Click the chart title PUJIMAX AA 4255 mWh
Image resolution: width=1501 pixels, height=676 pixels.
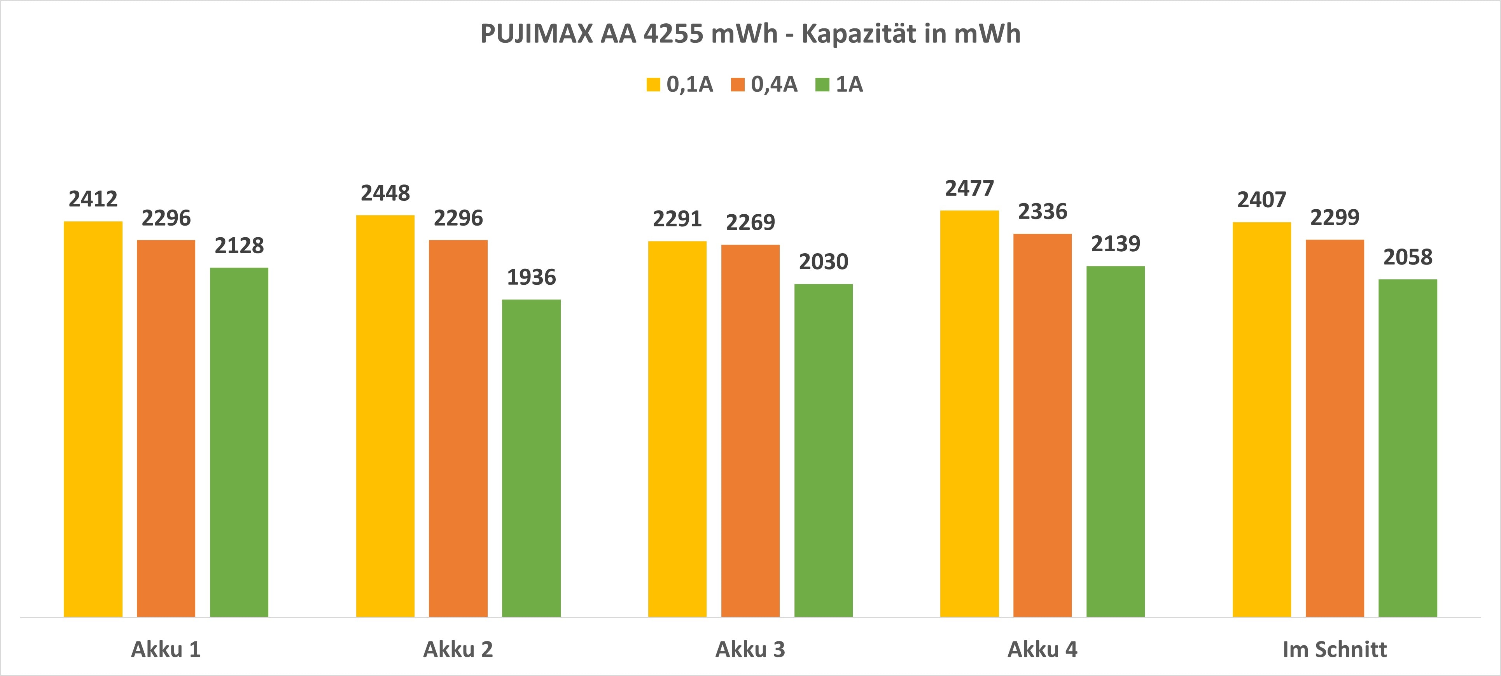(x=750, y=34)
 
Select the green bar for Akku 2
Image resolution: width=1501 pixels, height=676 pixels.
(x=531, y=457)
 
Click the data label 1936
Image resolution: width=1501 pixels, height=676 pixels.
(x=531, y=277)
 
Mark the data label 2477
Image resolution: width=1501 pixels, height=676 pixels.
(x=969, y=189)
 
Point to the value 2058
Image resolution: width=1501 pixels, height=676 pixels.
(x=1408, y=257)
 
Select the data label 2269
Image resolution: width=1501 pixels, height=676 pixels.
(x=750, y=222)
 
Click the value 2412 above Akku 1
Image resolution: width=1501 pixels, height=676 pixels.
(x=93, y=199)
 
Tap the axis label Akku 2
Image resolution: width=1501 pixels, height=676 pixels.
(x=458, y=649)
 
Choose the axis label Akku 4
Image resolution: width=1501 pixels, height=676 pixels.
(x=1043, y=649)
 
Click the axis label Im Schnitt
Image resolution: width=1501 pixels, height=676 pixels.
(x=1334, y=649)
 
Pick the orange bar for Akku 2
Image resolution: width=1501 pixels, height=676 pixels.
(x=458, y=428)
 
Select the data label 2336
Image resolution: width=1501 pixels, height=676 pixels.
(x=1043, y=212)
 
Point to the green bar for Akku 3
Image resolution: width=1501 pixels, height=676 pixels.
(x=823, y=450)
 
